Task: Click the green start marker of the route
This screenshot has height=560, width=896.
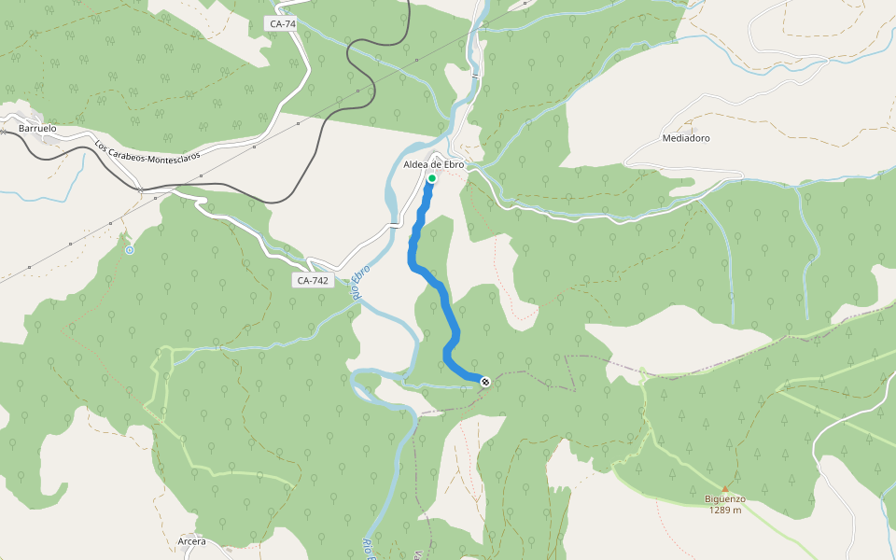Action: pos(432,177)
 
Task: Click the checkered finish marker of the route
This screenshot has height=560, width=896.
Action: pos(485,380)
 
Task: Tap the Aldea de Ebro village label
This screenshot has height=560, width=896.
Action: pos(434,164)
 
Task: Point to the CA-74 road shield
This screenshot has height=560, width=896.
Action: pos(280,24)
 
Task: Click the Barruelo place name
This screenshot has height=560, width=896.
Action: pos(38,127)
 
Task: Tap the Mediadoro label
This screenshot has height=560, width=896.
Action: pos(686,138)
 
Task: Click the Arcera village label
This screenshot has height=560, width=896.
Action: pos(191,541)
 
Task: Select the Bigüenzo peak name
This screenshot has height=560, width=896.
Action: pos(725,499)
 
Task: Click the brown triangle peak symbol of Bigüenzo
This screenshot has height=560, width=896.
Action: pos(725,488)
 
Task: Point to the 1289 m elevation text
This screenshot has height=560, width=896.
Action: pos(725,510)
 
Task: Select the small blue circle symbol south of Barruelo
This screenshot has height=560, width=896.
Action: pos(130,250)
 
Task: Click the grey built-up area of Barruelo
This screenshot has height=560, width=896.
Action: pos(47,139)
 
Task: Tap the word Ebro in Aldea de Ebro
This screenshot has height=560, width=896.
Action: pos(454,164)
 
